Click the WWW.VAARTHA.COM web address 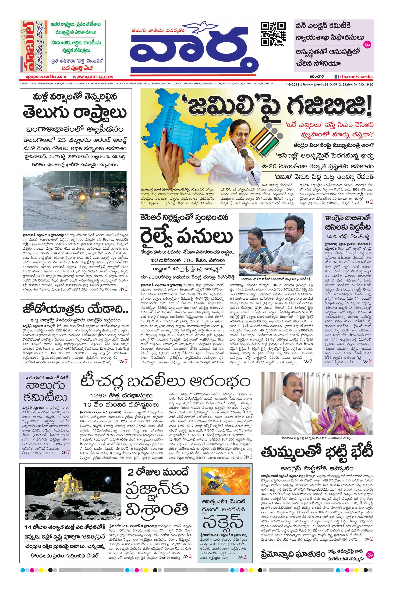[x=93, y=77]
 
